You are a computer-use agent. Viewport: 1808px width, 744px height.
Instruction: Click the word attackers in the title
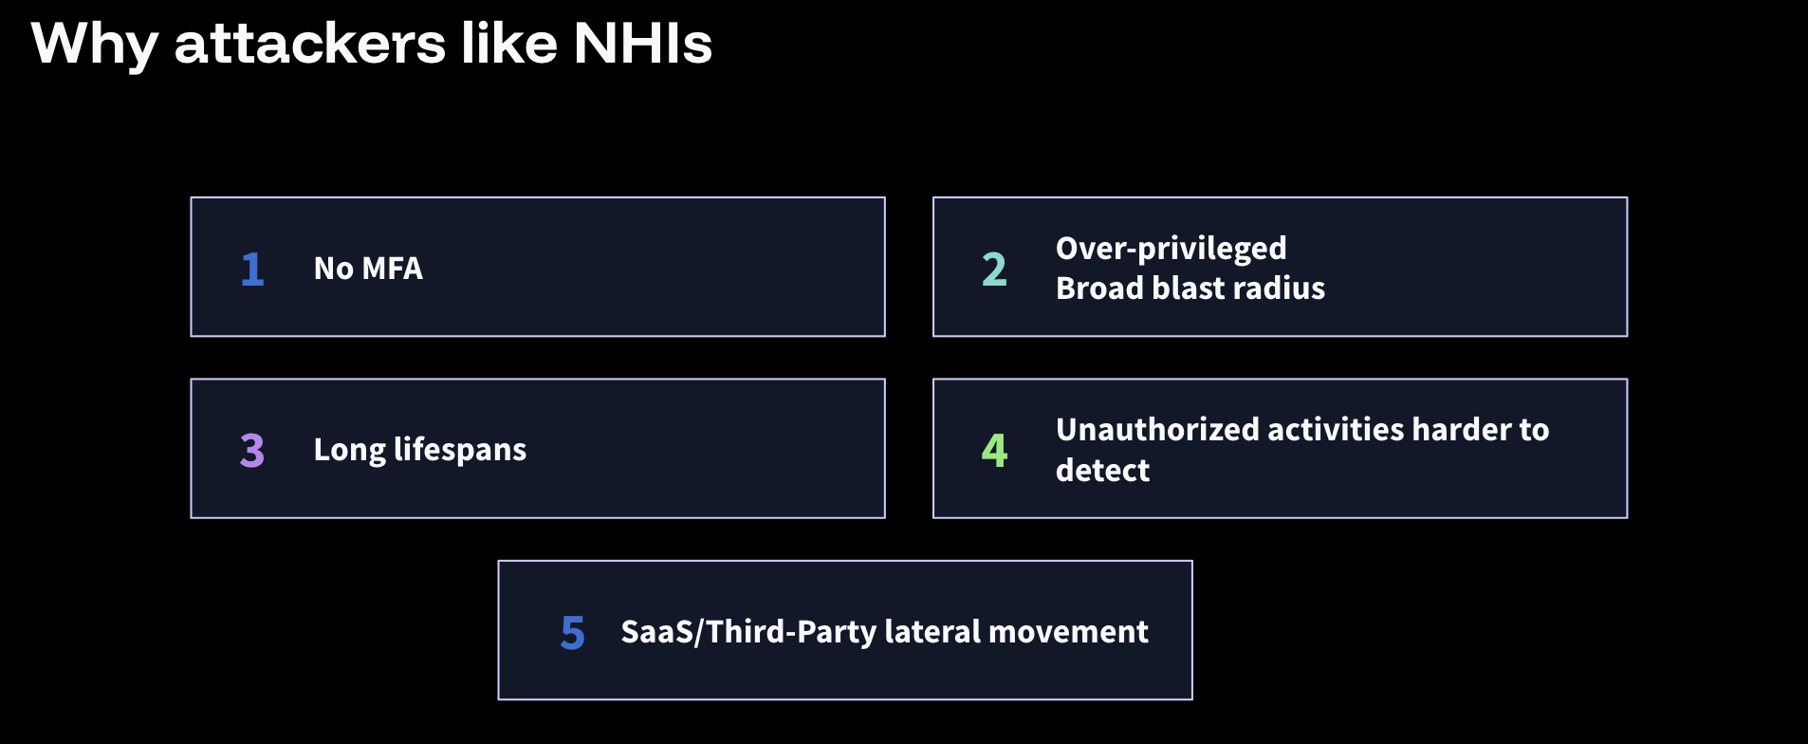(x=309, y=45)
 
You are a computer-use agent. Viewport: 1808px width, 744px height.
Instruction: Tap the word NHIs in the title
(x=642, y=45)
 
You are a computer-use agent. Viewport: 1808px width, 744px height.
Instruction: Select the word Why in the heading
(x=94, y=45)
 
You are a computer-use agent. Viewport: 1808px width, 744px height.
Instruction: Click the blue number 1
(x=251, y=270)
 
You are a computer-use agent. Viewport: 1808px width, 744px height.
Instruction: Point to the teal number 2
(x=993, y=270)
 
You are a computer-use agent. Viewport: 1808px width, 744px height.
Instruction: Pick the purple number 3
(x=251, y=451)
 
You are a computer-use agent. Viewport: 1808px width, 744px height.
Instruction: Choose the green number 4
(x=993, y=451)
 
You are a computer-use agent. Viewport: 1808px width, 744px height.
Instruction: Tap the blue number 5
(x=572, y=633)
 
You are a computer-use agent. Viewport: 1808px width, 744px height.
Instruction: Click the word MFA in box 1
(x=393, y=269)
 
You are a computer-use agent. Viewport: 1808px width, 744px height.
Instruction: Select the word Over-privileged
(x=1171, y=249)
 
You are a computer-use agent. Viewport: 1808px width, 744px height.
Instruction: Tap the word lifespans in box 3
(x=460, y=450)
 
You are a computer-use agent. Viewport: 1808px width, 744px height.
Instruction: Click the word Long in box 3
(x=349, y=450)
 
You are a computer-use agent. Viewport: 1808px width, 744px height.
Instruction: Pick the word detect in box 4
(x=1102, y=471)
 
